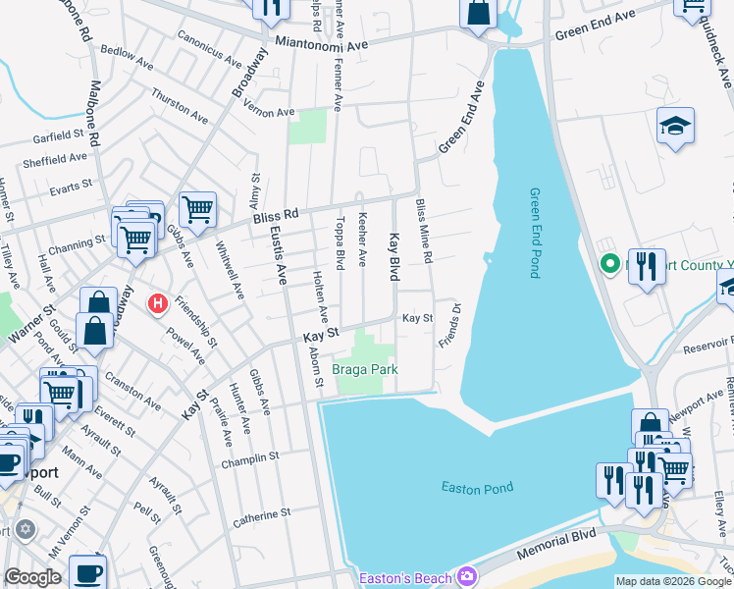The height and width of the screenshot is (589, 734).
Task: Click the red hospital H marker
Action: tap(156, 305)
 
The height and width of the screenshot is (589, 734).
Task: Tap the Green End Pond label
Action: tap(535, 233)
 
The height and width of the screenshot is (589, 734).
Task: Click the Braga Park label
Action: tap(364, 370)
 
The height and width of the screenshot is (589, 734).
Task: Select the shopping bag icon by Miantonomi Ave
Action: tap(478, 14)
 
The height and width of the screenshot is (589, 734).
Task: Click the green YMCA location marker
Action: tap(609, 264)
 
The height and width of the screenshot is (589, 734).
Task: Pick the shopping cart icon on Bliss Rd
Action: tap(197, 208)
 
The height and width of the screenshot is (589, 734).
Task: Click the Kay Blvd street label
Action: tap(393, 255)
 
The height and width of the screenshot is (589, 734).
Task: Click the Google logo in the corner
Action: tap(32, 577)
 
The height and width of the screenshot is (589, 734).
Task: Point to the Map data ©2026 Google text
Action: tap(672, 581)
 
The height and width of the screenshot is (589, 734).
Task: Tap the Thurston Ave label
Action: tap(180, 106)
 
